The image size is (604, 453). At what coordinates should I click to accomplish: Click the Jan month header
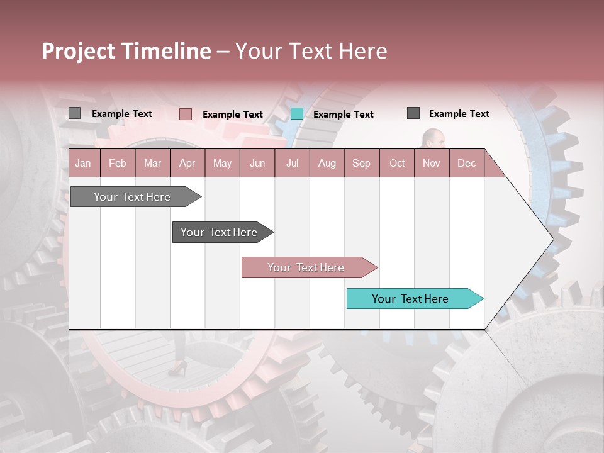[x=83, y=164]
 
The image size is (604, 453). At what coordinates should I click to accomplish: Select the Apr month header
[x=187, y=164]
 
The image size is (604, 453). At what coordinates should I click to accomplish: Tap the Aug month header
[x=327, y=164]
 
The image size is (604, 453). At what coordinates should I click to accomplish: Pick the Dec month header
[x=466, y=164]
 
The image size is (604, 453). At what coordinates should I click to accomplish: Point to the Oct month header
[x=397, y=164]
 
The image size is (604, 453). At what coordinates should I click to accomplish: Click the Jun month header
[x=257, y=164]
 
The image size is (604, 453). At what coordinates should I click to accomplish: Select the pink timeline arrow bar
[x=306, y=267]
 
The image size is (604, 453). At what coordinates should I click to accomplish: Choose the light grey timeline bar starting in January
[x=133, y=197]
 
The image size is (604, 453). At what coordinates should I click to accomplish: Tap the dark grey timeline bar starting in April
[x=220, y=232]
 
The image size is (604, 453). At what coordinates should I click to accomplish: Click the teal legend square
[x=297, y=114]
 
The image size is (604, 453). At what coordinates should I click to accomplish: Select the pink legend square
[x=186, y=114]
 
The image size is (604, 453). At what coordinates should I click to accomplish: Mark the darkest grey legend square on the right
[x=413, y=113]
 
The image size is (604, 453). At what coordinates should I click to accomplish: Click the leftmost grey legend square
[x=75, y=113]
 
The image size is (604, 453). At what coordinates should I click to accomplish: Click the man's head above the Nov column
[x=433, y=138]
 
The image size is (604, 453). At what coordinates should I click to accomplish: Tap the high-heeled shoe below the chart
[x=178, y=369]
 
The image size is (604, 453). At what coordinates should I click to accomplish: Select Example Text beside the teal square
[x=343, y=115]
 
